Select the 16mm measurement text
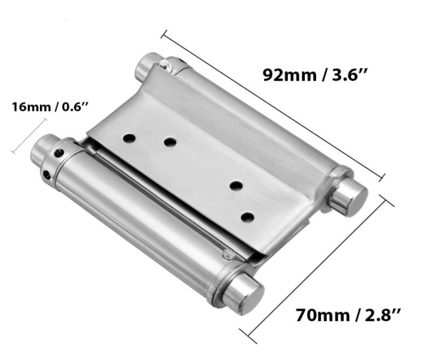point(31,106)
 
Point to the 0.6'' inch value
point(74,106)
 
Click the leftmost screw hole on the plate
point(129,138)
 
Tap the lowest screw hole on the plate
point(248,218)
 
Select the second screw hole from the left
point(170,142)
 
